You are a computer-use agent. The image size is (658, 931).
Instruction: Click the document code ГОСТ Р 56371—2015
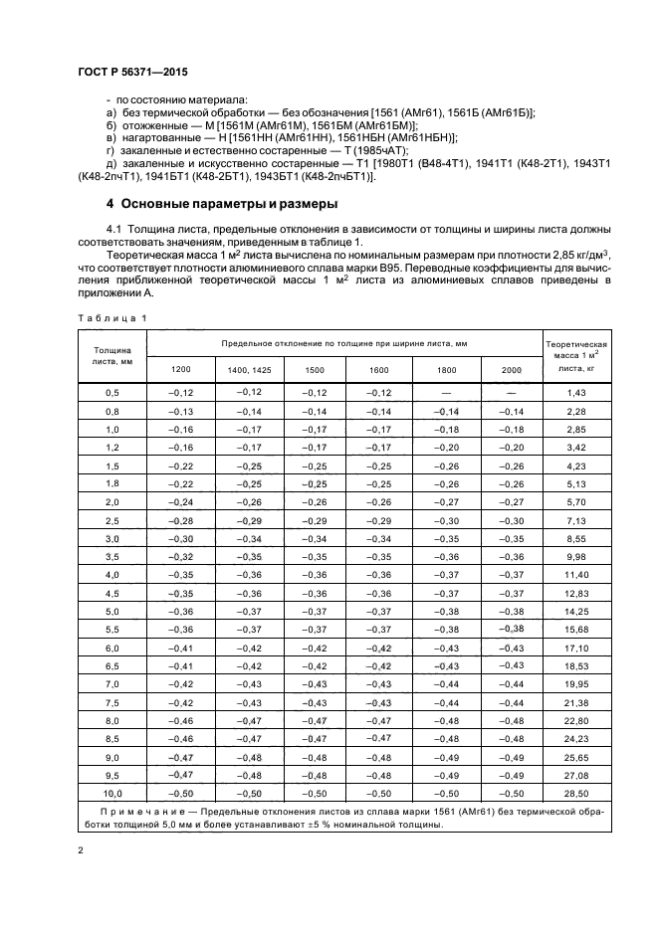pyautogui.click(x=131, y=75)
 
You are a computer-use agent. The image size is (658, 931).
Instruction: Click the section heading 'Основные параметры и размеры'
pyautogui.click(x=229, y=205)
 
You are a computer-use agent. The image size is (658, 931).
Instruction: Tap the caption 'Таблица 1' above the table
pyautogui.click(x=111, y=317)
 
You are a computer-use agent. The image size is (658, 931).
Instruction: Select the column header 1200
pyautogui.click(x=180, y=370)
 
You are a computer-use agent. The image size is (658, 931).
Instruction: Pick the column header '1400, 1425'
pyautogui.click(x=248, y=370)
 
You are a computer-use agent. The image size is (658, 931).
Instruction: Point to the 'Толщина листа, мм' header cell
pyautogui.click(x=111, y=356)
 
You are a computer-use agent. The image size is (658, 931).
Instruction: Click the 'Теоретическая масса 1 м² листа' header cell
pyautogui.click(x=577, y=355)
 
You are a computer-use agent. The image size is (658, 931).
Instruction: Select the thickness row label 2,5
pyautogui.click(x=111, y=521)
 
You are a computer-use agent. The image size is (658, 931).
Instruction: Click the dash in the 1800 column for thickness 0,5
pyautogui.click(x=445, y=394)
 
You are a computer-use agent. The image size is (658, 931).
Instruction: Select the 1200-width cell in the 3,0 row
pyautogui.click(x=180, y=539)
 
